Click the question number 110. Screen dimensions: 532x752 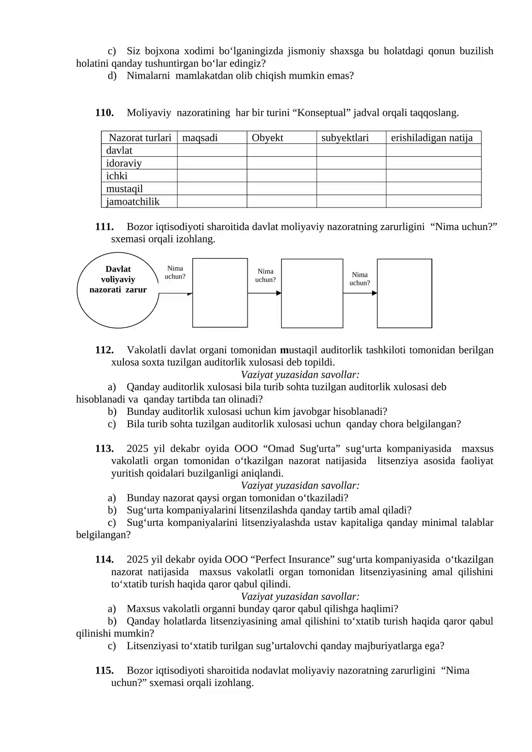coord(104,113)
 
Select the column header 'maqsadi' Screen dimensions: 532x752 coord(200,138)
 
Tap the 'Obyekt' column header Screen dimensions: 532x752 coord(267,138)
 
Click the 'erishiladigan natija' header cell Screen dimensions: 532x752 coord(431,138)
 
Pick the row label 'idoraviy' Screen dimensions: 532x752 coord(124,163)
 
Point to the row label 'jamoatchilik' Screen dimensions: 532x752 coord(132,201)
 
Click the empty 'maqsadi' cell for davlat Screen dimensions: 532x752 coord(212,150)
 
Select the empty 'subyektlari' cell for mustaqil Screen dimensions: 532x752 coord(351,188)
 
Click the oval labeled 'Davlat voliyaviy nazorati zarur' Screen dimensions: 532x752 coord(118,290)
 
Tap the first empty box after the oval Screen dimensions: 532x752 coord(220,293)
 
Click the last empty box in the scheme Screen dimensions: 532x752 coord(404,293)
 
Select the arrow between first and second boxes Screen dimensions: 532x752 coord(264,293)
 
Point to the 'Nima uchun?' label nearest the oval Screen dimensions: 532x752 coord(175,272)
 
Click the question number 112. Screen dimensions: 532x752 coord(104,350)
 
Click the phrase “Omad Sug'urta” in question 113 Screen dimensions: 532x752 coord(302,449)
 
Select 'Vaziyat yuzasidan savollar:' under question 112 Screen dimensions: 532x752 coord(300,375)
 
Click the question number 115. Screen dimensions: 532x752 coord(104,671)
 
